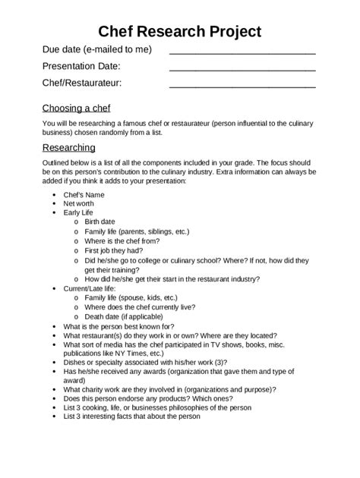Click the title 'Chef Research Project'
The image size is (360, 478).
(180, 31)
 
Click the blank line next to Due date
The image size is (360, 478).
(242, 54)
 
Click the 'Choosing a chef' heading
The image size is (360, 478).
(80, 108)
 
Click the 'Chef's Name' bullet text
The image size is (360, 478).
(84, 195)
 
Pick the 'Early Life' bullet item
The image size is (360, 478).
(81, 213)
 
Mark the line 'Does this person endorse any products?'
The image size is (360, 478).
(137, 398)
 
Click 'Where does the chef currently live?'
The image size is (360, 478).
(140, 307)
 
